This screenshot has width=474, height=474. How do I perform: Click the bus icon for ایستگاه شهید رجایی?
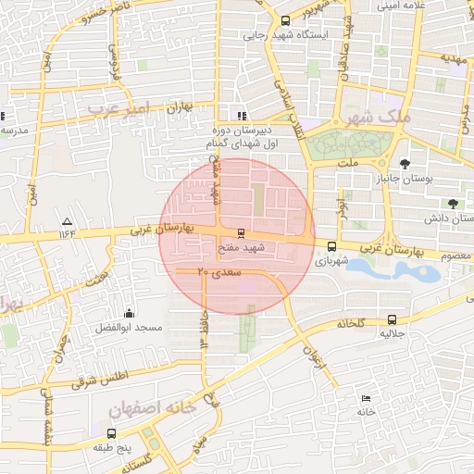pyautogui.click(x=284, y=20)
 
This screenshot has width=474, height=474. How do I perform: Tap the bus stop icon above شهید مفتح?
pyautogui.click(x=242, y=232)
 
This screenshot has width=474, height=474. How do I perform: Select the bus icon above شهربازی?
pyautogui.click(x=331, y=246)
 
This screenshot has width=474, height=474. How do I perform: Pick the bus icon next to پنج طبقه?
pyautogui.click(x=111, y=432)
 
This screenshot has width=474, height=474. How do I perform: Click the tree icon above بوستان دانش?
pyautogui.click(x=453, y=203)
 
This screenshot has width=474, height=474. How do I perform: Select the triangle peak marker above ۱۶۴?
pyautogui.click(x=66, y=222)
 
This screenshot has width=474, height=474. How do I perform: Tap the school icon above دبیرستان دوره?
pyautogui.click(x=242, y=117)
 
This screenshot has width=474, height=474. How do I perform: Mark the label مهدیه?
pyautogui.click(x=455, y=57)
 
